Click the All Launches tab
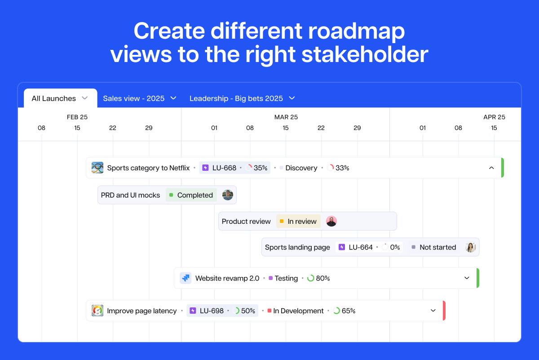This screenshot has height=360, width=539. pos(60,98)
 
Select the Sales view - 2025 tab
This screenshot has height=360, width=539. pos(140,98)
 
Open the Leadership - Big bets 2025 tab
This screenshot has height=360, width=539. pos(242,98)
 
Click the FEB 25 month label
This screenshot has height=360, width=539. pos(77,117)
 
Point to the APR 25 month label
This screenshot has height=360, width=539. pos(494,117)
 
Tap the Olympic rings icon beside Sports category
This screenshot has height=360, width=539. pos(97,168)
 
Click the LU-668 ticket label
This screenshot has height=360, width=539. pos(224,168)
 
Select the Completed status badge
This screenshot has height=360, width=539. pos(191,195)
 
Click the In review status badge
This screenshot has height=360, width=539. pos(298,221)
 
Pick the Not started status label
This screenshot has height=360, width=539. pos(437,247)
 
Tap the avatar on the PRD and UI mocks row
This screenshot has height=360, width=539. pos(227,195)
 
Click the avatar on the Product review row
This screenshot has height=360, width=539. pos(331,221)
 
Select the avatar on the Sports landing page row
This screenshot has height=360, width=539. pos(470,247)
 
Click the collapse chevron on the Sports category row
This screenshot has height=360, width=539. pos(491,168)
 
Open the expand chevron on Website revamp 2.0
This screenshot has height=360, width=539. pos(467,278)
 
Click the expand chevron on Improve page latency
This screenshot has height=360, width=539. pos(433,311)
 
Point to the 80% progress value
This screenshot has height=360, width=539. pos(323,278)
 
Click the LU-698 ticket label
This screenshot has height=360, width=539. pos(212,311)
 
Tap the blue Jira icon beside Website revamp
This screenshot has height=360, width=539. pos(186,278)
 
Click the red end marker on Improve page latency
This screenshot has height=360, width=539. pos(444,311)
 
